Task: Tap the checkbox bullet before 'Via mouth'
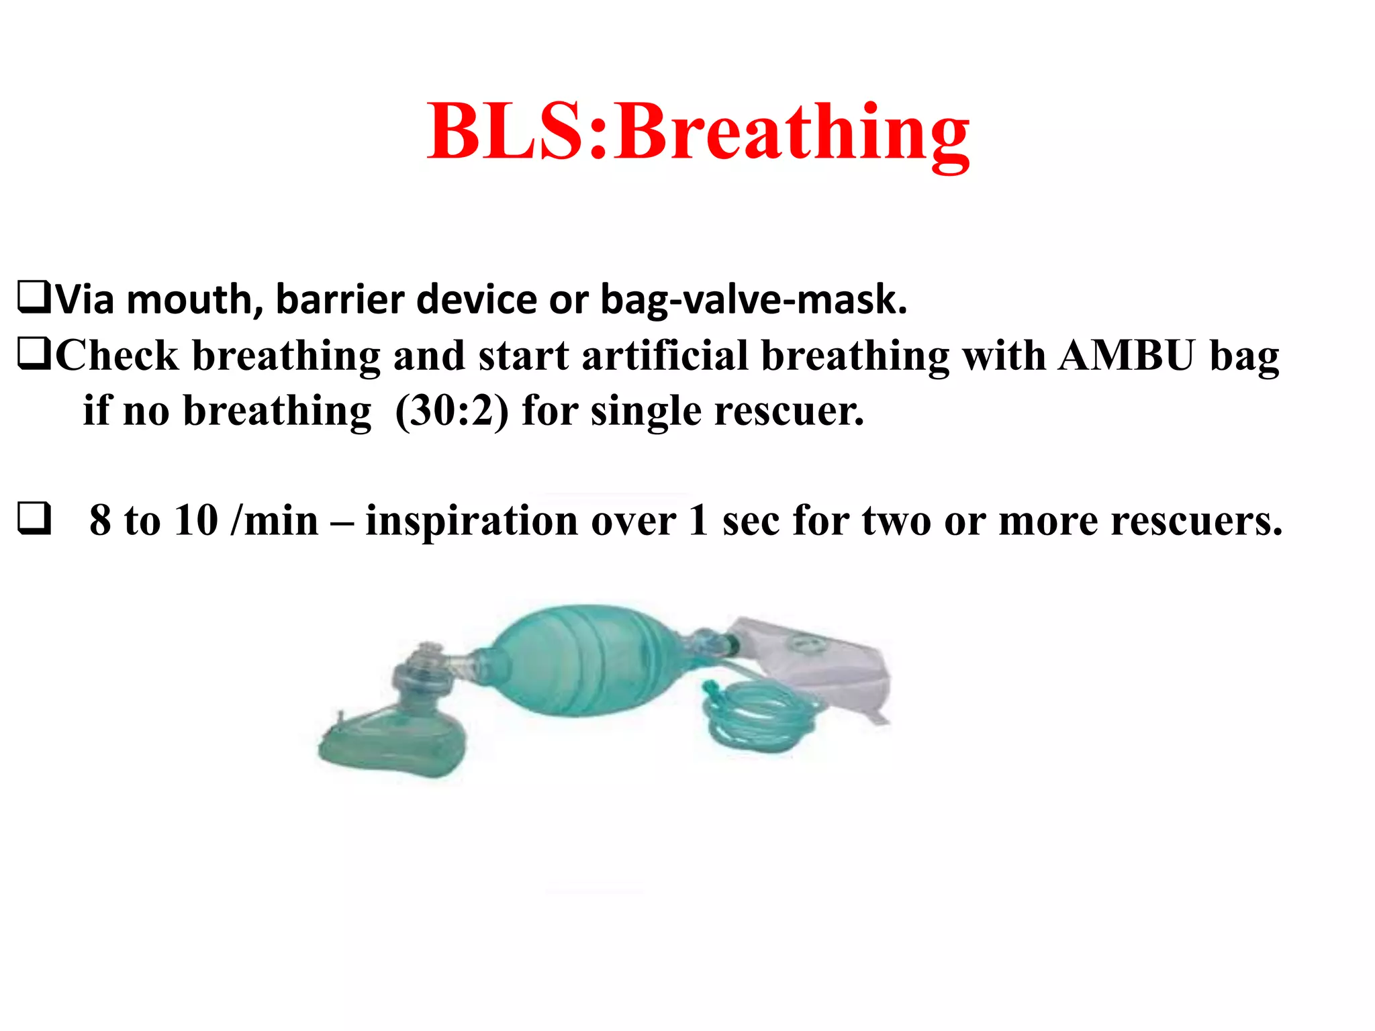coord(34,299)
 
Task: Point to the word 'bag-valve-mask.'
coord(753,300)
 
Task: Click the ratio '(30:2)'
coord(452,411)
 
